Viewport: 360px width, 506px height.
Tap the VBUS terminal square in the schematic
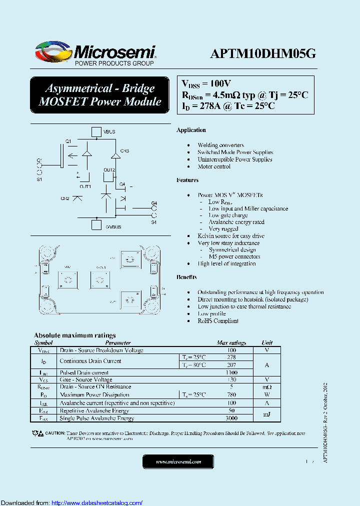pos(96,131)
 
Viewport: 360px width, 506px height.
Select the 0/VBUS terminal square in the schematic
pos(96,225)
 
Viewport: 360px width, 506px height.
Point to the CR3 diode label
pos(124,150)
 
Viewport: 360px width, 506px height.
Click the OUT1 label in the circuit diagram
pos(84,186)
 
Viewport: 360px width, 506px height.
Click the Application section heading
pos(191,130)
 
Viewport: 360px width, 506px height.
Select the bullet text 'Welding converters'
pos(220,145)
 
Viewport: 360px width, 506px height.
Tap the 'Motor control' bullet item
pos(214,166)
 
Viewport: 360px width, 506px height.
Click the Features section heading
pos(187,180)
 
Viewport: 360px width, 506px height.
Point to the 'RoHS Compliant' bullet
pos(217,321)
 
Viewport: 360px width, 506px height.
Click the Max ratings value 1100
pos(231,373)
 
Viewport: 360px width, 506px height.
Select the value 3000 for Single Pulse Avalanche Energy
pos(231,418)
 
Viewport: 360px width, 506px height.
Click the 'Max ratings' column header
pos(231,343)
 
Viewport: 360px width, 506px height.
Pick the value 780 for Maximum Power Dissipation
pos(231,395)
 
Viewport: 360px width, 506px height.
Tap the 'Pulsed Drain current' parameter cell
pos(84,373)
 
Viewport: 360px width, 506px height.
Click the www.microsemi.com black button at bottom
pos(178,461)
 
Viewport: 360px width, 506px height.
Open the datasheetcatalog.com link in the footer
pos(97,502)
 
